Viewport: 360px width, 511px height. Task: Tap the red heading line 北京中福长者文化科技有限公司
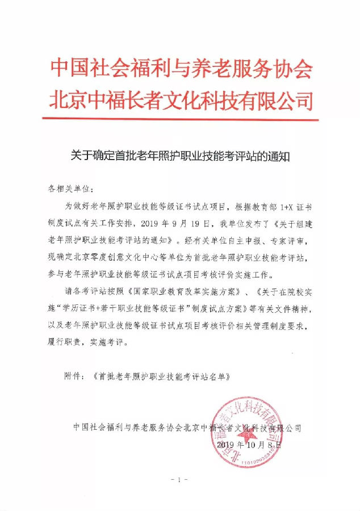[x=181, y=100]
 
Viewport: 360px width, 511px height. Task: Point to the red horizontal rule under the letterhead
[x=180, y=119]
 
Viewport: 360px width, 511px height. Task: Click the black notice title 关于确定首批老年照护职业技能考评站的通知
[x=181, y=155]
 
